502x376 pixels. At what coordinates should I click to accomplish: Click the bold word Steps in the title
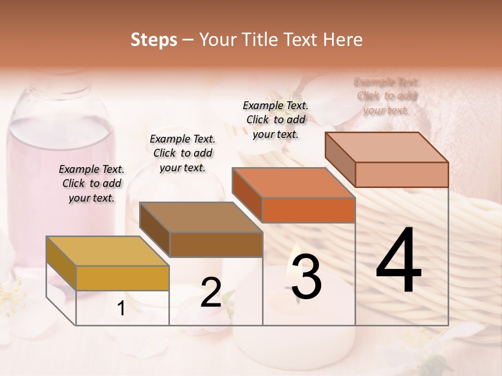click(154, 40)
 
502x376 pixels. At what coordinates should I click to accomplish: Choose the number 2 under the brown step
click(211, 292)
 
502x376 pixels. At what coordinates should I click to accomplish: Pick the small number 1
click(121, 309)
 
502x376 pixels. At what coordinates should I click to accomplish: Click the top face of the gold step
click(107, 251)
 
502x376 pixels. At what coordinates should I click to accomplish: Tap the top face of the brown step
click(201, 217)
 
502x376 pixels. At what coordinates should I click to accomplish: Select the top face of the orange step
click(293, 183)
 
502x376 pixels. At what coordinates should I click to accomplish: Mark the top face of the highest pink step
click(386, 147)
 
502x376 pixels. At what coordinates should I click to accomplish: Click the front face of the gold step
click(122, 278)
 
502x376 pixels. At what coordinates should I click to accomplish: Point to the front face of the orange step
click(309, 210)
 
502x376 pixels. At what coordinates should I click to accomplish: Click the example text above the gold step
click(92, 183)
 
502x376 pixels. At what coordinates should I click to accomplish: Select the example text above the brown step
click(182, 153)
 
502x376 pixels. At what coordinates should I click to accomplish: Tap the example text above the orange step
click(276, 120)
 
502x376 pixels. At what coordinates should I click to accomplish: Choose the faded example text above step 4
click(386, 96)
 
